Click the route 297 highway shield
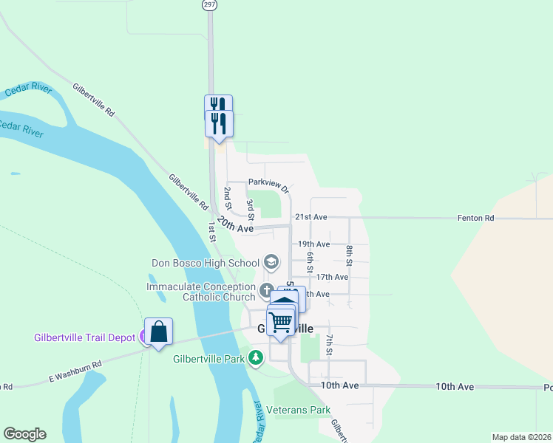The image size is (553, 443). click(210, 4)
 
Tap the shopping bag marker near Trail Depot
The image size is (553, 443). click(159, 332)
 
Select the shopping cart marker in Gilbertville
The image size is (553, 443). click(281, 321)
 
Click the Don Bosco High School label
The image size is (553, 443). click(206, 263)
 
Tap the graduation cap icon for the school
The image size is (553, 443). click(271, 262)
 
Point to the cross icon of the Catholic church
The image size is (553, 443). click(267, 289)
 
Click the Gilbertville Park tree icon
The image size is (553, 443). click(256, 359)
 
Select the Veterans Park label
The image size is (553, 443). click(298, 410)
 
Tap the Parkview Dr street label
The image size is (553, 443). click(268, 182)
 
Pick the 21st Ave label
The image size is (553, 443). click(311, 217)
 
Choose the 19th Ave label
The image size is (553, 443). click(313, 244)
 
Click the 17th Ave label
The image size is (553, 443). click(331, 277)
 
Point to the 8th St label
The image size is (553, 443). click(349, 253)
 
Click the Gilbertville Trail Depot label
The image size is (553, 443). click(85, 338)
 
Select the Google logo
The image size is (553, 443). click(24, 434)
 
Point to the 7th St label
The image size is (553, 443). click(330, 344)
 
